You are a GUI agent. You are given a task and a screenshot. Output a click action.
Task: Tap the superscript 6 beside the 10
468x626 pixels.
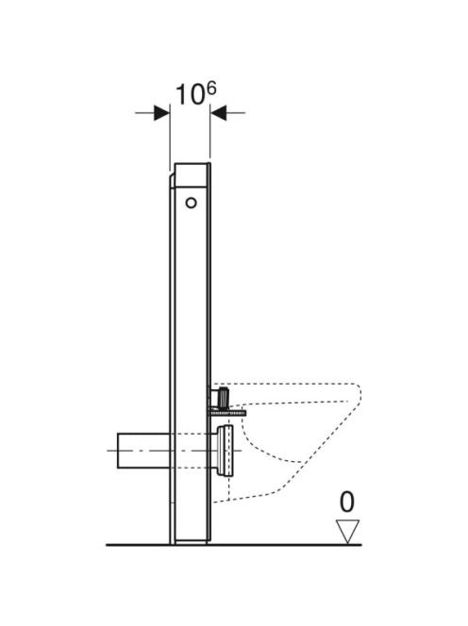[x=211, y=89]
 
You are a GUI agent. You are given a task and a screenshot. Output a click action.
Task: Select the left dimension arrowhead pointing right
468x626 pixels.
[x=162, y=113]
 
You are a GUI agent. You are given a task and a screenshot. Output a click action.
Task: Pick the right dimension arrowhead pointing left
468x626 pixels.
[x=219, y=113]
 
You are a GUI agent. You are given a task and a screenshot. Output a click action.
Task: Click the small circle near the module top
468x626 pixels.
[x=191, y=203]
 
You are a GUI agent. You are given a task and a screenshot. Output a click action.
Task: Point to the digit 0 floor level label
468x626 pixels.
[x=346, y=502]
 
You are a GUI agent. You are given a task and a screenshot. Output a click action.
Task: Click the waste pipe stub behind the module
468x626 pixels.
[x=143, y=451]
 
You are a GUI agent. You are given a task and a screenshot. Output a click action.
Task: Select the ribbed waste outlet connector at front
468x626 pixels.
[x=225, y=451]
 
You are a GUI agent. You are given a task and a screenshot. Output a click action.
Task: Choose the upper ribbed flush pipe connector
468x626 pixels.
[x=223, y=397]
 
